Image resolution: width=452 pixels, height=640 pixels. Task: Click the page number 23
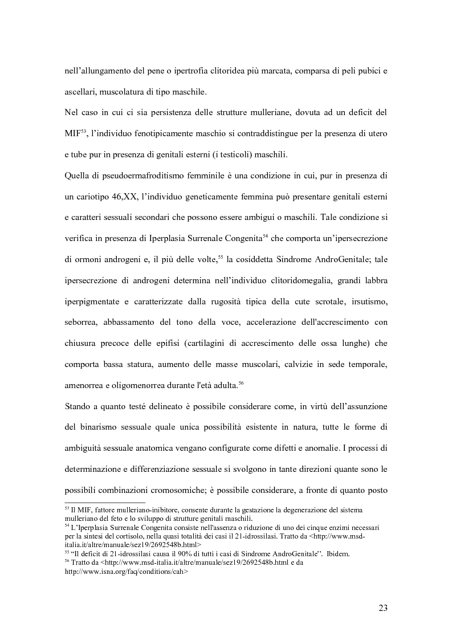coord(382,608)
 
